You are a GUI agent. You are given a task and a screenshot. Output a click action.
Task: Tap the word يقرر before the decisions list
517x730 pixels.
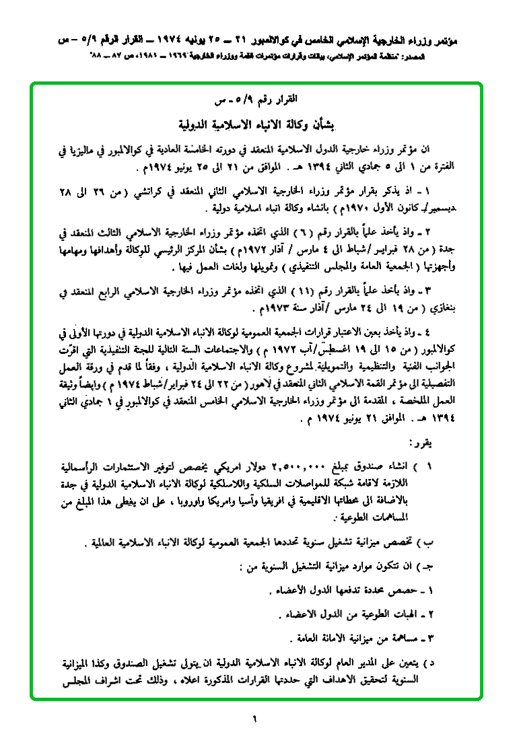[x=422, y=444]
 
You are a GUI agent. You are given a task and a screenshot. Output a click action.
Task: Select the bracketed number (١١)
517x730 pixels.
[x=261, y=293]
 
